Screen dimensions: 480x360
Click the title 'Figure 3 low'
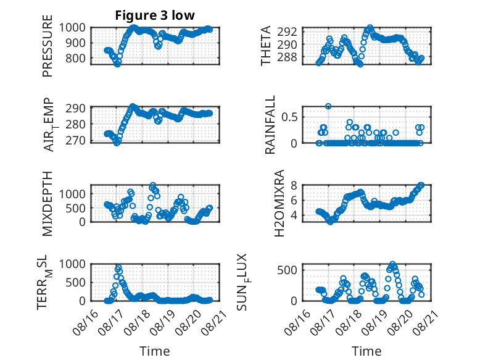[155, 15]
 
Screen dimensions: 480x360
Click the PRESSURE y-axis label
[48, 46]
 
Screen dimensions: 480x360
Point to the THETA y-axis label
[266, 46]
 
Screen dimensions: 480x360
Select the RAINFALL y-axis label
[270, 125]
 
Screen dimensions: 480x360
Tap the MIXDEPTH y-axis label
[48, 204]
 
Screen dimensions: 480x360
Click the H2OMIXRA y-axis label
[279, 203]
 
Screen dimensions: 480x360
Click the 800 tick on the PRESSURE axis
[75, 58]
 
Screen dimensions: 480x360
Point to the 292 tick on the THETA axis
[287, 31]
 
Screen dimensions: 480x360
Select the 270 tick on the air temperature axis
[75, 141]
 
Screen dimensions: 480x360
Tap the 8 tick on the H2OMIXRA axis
[294, 185]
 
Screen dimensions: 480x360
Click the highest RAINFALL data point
[328, 106]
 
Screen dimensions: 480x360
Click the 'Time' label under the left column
[155, 351]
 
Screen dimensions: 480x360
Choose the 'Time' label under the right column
[366, 351]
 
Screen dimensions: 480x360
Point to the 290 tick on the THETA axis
[287, 44]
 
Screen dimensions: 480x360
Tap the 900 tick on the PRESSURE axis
[75, 43]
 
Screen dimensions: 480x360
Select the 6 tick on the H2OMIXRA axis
[294, 200]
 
